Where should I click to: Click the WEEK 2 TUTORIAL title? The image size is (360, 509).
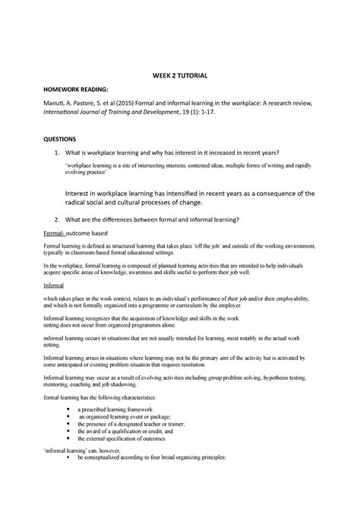click(179, 77)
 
